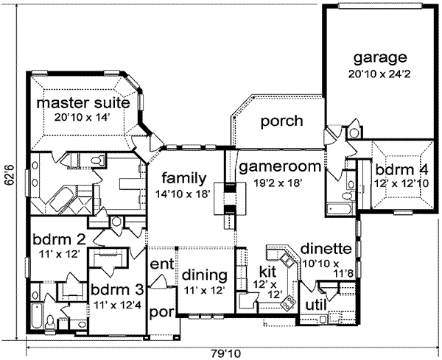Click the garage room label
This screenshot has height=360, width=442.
pos(380,57)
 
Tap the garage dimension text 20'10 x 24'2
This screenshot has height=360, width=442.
pos(380,74)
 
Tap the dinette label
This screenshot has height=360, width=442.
pos(321,249)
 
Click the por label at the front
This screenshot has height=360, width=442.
pos(160,312)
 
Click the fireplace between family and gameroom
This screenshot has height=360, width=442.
pos(230,197)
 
